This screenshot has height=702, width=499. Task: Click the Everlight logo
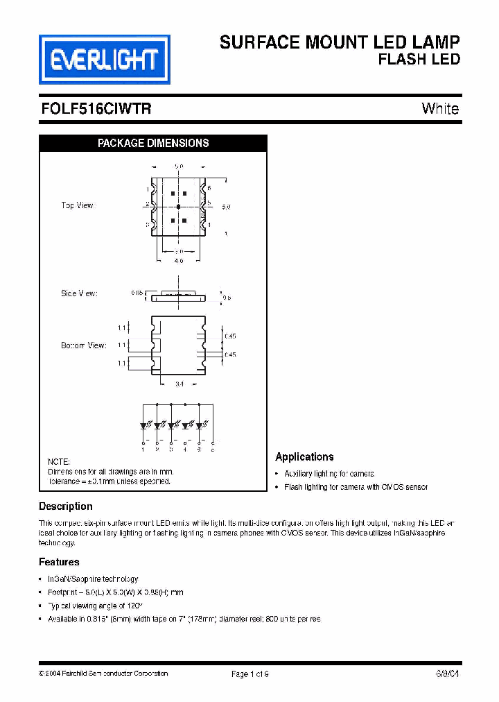click(x=104, y=60)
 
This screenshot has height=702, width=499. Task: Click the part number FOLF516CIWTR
click(x=96, y=109)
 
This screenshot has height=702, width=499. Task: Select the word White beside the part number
click(x=440, y=109)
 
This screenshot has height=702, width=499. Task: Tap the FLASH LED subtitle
click(x=419, y=60)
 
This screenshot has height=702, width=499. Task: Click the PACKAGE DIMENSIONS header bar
click(x=153, y=144)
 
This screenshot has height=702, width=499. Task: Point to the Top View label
click(x=77, y=205)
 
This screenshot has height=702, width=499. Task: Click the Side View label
click(x=79, y=293)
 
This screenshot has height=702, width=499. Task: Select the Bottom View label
click(x=84, y=345)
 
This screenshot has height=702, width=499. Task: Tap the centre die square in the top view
click(x=178, y=207)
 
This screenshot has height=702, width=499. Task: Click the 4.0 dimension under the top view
click(x=178, y=261)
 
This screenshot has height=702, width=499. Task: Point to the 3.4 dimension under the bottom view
click(x=179, y=383)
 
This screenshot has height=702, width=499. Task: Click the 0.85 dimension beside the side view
click(x=137, y=293)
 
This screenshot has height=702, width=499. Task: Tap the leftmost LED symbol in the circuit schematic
click(x=143, y=425)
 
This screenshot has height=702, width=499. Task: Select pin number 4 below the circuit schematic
click(x=185, y=450)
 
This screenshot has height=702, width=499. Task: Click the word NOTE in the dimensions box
click(x=58, y=462)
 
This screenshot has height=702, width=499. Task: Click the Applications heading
click(x=304, y=457)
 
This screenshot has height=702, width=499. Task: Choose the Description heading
click(x=66, y=506)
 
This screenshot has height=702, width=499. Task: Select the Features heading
click(x=59, y=562)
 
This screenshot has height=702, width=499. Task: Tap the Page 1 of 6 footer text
click(x=249, y=674)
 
